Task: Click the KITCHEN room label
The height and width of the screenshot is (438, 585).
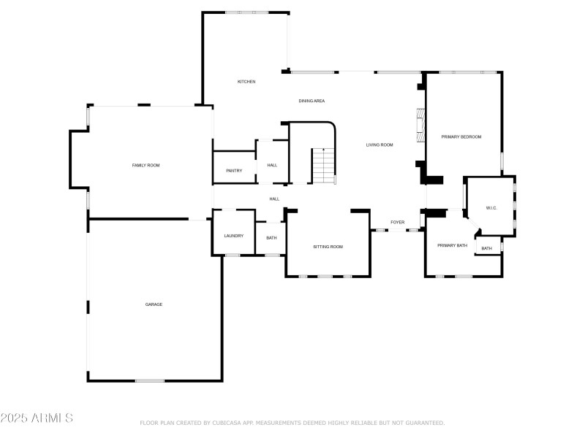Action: pos(246,82)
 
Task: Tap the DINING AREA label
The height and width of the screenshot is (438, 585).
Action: pos(312,101)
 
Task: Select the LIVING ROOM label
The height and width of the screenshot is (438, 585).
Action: pos(380,145)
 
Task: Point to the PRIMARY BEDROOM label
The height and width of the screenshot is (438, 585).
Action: pos(461,137)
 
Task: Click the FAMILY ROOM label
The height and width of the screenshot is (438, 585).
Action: pos(146,166)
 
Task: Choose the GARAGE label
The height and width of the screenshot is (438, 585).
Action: pos(154,304)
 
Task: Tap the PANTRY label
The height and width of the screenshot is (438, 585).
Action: pos(234,171)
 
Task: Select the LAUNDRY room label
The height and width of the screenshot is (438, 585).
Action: pos(233,236)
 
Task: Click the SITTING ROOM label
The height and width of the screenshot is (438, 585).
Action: pos(328,247)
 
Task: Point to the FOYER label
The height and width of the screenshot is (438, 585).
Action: pos(397,222)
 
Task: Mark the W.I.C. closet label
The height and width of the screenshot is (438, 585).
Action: pos(491,209)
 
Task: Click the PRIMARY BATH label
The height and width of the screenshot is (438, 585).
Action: pos(452,245)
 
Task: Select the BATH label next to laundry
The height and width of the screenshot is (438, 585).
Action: pos(271,238)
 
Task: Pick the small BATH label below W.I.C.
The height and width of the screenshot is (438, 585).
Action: pos(487,249)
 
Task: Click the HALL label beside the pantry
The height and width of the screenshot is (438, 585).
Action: pos(272,165)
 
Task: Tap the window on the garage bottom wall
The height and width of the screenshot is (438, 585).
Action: pos(149,380)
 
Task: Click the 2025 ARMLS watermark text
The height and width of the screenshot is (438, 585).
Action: pos(37,418)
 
